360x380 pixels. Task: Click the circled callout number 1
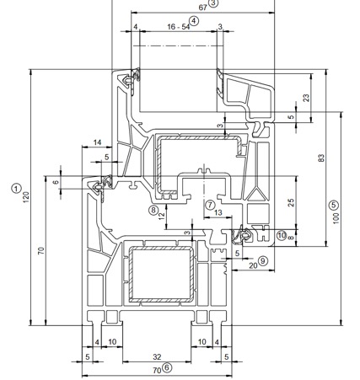click(x=16, y=188)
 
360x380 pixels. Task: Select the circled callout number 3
click(x=213, y=3)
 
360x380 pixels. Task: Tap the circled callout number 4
click(x=194, y=21)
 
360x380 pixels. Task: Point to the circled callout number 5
click(x=334, y=205)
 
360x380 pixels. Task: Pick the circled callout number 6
click(x=167, y=367)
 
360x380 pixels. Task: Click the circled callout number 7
click(x=210, y=205)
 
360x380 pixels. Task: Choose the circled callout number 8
click(x=153, y=210)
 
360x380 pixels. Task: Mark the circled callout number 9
click(x=263, y=261)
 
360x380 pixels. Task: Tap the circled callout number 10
click(x=282, y=235)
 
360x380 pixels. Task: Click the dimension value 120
click(x=26, y=197)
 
